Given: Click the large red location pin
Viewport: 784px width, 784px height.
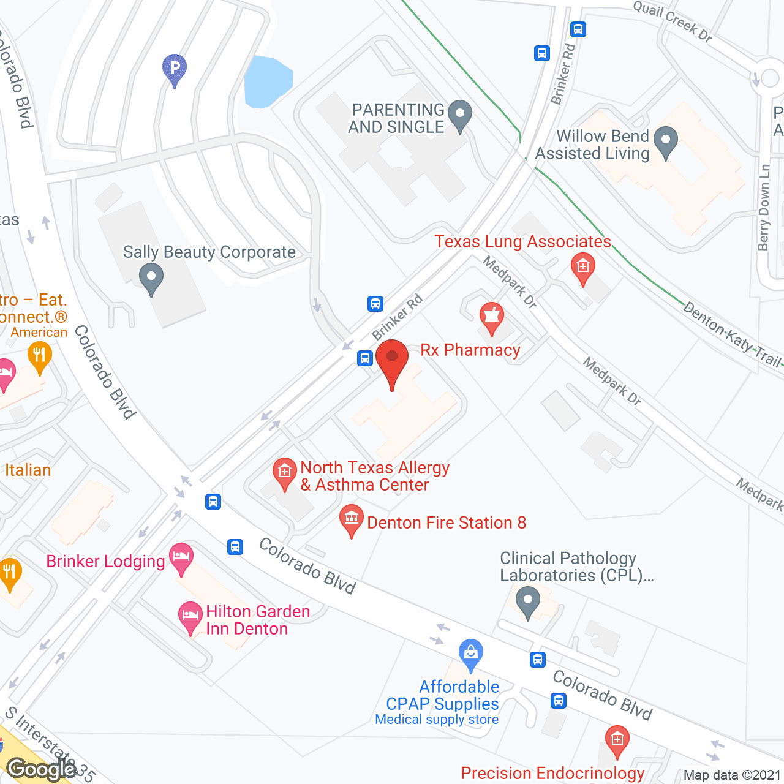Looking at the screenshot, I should point(392,361).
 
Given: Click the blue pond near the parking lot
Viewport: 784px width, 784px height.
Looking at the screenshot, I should point(267,81).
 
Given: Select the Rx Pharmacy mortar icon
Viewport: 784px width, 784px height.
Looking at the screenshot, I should point(491,317).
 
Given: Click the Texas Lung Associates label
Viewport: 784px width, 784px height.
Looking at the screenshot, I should point(522,242).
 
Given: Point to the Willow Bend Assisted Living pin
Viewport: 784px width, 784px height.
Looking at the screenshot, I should point(666,141).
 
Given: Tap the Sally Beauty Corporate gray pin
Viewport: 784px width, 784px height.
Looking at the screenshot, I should point(151,278).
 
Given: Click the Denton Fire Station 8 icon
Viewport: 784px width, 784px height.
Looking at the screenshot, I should point(352,519).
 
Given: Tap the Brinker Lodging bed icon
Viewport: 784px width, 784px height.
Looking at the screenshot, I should point(181,558).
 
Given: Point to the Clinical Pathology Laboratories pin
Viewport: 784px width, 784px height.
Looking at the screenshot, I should point(527,601).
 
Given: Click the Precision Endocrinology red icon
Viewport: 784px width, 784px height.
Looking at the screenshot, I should point(617,740).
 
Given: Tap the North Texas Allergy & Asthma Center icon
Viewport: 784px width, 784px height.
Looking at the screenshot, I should point(284,473).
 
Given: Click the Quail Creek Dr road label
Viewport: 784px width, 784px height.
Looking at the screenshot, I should point(673,21).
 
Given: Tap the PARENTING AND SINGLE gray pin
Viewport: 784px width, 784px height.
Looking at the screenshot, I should point(459,115).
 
